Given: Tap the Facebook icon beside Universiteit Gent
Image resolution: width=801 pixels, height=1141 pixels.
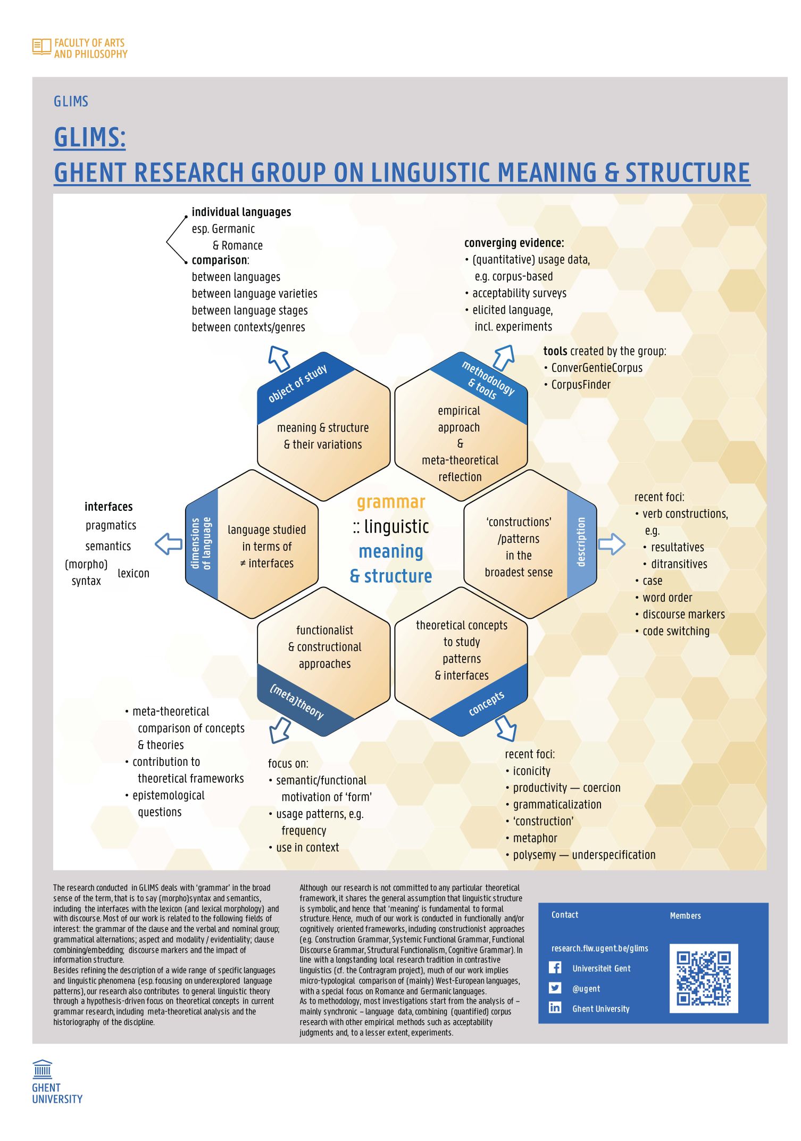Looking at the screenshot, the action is pos(555,968).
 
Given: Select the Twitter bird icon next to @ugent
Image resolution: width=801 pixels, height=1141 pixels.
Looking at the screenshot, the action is pos(555,988).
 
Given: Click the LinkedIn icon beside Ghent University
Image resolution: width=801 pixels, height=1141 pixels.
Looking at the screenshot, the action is pos(555,1007).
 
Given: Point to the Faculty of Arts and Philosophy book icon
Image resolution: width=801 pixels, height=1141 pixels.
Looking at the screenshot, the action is pos(41,47).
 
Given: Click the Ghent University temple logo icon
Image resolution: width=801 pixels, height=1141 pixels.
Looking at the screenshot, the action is pos(43,1069).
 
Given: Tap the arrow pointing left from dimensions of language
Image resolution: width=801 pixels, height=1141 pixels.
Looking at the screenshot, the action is pos(169,544).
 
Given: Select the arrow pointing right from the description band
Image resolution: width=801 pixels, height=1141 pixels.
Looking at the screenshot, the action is pos(612,544).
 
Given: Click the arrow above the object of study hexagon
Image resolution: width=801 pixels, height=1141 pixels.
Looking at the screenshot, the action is pos(279,359).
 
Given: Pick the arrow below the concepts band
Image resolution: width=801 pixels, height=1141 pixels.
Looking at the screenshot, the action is pos(506,728).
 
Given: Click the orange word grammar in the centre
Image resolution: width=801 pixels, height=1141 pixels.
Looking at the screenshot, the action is pos(391,502).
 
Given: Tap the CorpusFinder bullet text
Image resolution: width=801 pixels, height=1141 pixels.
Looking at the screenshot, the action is pos(581,385).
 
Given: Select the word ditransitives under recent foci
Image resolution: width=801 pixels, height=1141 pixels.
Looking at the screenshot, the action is pos(679,564).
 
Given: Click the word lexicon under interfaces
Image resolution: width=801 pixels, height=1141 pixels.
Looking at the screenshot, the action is pos(133,573).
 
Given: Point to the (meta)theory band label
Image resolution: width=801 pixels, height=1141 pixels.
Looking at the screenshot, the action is pos(297,701).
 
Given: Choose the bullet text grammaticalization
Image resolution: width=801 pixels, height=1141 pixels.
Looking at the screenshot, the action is pos(557,805).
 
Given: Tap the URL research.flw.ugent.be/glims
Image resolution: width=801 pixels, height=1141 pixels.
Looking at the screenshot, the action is pos(600,948).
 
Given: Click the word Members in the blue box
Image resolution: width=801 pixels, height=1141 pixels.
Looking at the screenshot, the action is pos(686,916).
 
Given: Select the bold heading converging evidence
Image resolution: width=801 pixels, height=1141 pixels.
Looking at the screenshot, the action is pos(514,243).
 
